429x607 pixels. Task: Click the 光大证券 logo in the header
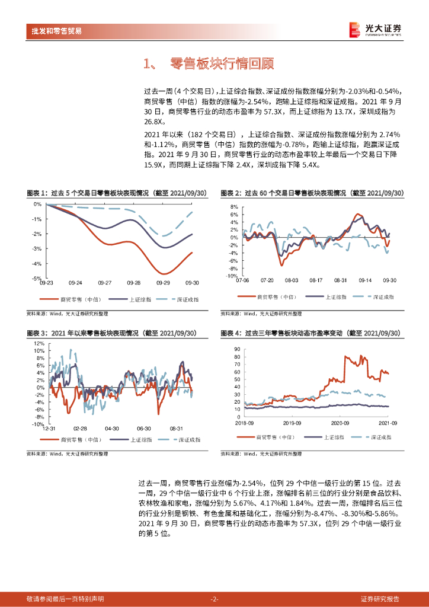point(375,29)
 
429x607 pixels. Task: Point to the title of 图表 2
point(312,193)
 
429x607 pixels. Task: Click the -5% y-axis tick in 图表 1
point(37,278)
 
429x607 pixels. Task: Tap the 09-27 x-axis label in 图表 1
point(105,283)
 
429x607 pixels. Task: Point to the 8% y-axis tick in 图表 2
point(234,207)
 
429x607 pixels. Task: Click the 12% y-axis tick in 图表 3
point(39,343)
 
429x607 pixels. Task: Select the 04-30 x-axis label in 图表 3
point(111,428)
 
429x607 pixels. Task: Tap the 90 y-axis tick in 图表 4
point(237,349)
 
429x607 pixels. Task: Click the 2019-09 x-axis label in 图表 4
point(292,423)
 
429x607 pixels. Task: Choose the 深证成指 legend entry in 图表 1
point(181,300)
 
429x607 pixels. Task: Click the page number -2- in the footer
point(214,599)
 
